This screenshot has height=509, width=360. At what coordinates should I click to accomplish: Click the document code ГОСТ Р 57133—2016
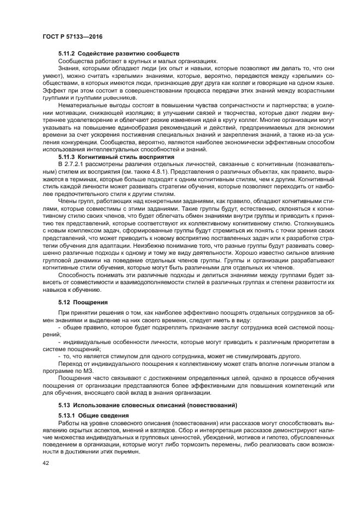(x=72, y=36)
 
